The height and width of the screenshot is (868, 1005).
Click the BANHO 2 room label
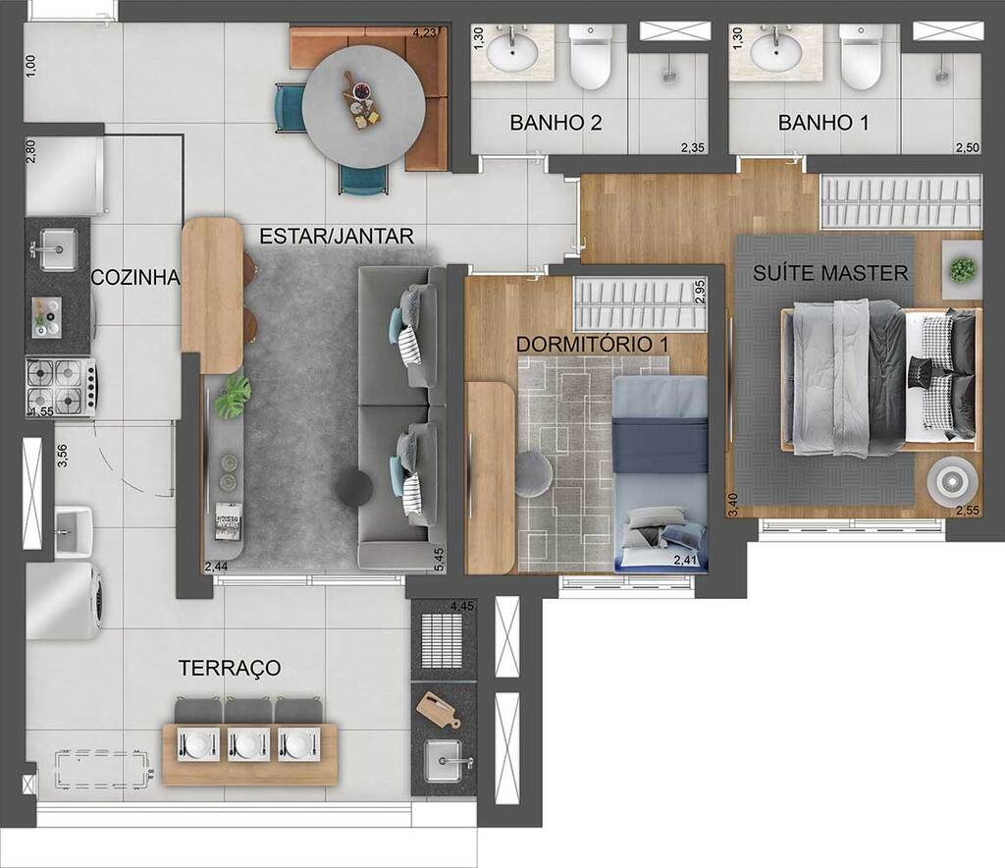(x=555, y=124)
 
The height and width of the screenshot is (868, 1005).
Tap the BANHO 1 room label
(x=822, y=124)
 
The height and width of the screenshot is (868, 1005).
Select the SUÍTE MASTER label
(x=830, y=273)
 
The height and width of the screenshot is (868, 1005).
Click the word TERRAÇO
(x=230, y=669)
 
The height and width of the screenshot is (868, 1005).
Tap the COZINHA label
(x=135, y=278)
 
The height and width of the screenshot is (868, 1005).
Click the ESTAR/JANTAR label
(x=336, y=237)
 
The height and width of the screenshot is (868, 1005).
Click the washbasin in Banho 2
(x=512, y=53)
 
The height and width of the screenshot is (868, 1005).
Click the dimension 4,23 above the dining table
(x=425, y=32)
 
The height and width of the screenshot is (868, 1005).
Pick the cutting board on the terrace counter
(x=437, y=708)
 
